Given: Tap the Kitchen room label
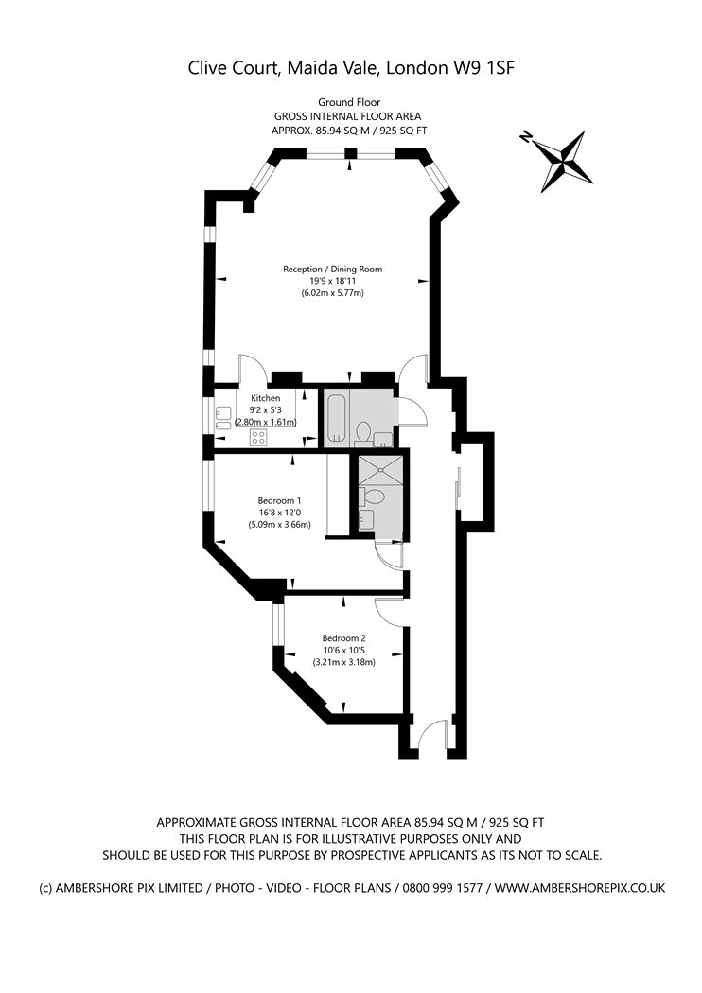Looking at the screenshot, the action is click(266, 398).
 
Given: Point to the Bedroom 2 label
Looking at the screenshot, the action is click(343, 638).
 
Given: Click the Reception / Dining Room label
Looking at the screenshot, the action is click(333, 270).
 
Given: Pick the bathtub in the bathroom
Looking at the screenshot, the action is click(335, 417).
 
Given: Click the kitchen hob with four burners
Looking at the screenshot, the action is click(258, 436).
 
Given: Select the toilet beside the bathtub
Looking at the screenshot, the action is click(363, 434).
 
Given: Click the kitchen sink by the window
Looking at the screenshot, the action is click(222, 418).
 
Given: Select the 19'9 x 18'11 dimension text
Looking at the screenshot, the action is click(333, 281).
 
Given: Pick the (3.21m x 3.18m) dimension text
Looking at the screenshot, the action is click(343, 662).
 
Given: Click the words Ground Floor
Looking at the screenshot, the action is click(349, 102).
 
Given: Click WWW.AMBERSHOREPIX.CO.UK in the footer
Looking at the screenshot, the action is click(580, 888).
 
